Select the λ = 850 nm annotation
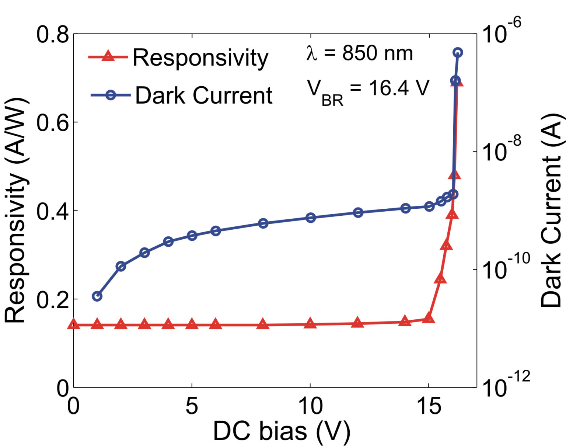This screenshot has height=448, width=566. [x=359, y=53]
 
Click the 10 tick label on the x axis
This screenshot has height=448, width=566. [x=310, y=406]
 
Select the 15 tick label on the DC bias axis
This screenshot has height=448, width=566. [x=429, y=406]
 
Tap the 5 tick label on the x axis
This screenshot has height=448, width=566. [x=192, y=406]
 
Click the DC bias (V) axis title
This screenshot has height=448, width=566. [x=282, y=431]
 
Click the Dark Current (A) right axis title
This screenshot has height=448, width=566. [x=552, y=210]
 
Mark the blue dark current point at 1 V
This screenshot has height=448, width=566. [x=97, y=296]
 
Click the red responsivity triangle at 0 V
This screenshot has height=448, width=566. [x=74, y=324]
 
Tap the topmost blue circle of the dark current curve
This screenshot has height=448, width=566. [x=458, y=53]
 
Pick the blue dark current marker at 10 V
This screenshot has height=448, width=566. [x=311, y=218]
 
